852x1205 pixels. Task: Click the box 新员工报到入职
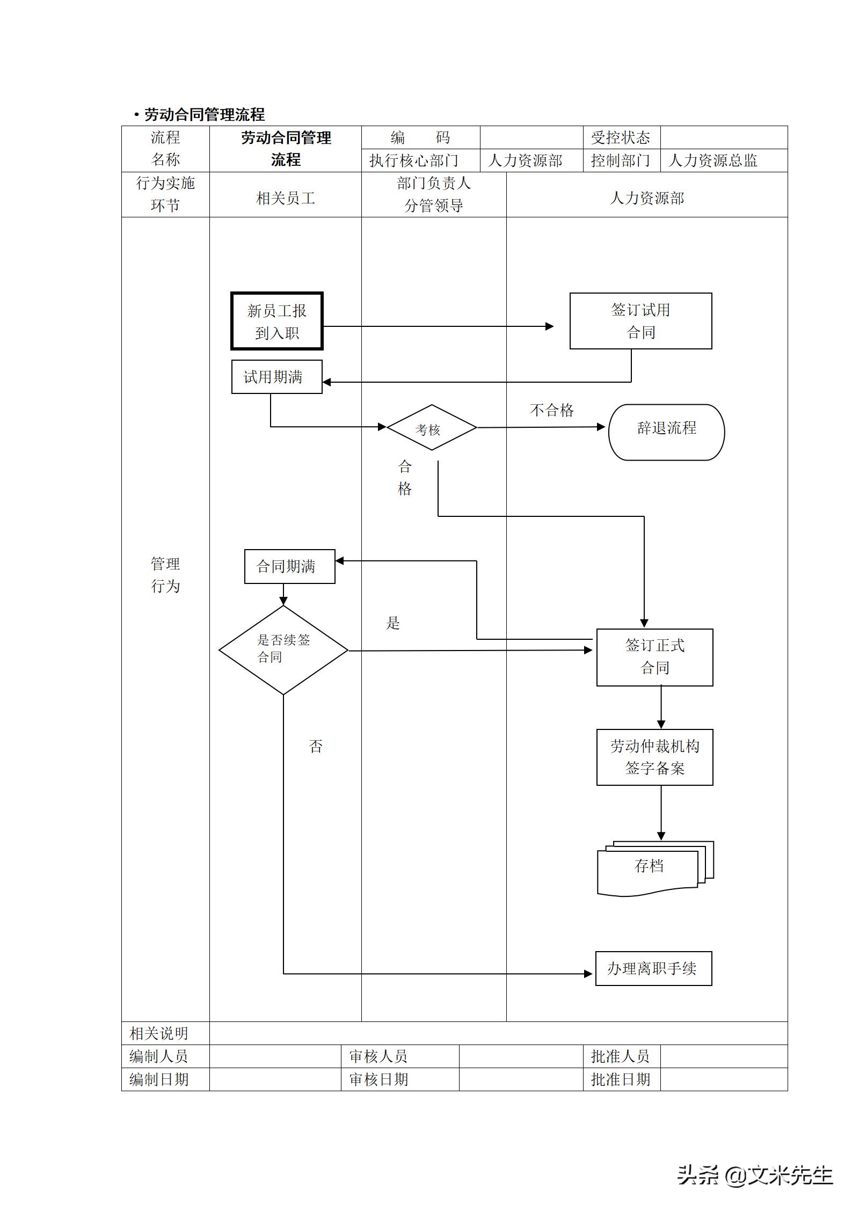276,321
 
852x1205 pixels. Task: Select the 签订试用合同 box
640,320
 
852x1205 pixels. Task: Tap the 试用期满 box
276,377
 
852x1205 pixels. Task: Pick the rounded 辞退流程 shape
666,432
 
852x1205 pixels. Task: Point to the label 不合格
551,411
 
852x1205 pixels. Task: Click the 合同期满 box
289,566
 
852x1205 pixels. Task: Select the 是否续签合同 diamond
283,650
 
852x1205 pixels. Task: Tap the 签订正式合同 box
654,657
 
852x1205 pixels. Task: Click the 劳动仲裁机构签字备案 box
654,757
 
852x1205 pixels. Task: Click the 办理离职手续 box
653,968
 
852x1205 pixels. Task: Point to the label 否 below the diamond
316,747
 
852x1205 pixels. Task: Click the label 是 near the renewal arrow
393,623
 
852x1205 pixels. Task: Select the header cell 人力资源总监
713,160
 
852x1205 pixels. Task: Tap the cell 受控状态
621,138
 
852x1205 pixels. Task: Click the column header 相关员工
285,199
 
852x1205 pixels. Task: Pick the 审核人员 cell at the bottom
378,1056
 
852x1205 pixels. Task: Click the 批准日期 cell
621,1079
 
